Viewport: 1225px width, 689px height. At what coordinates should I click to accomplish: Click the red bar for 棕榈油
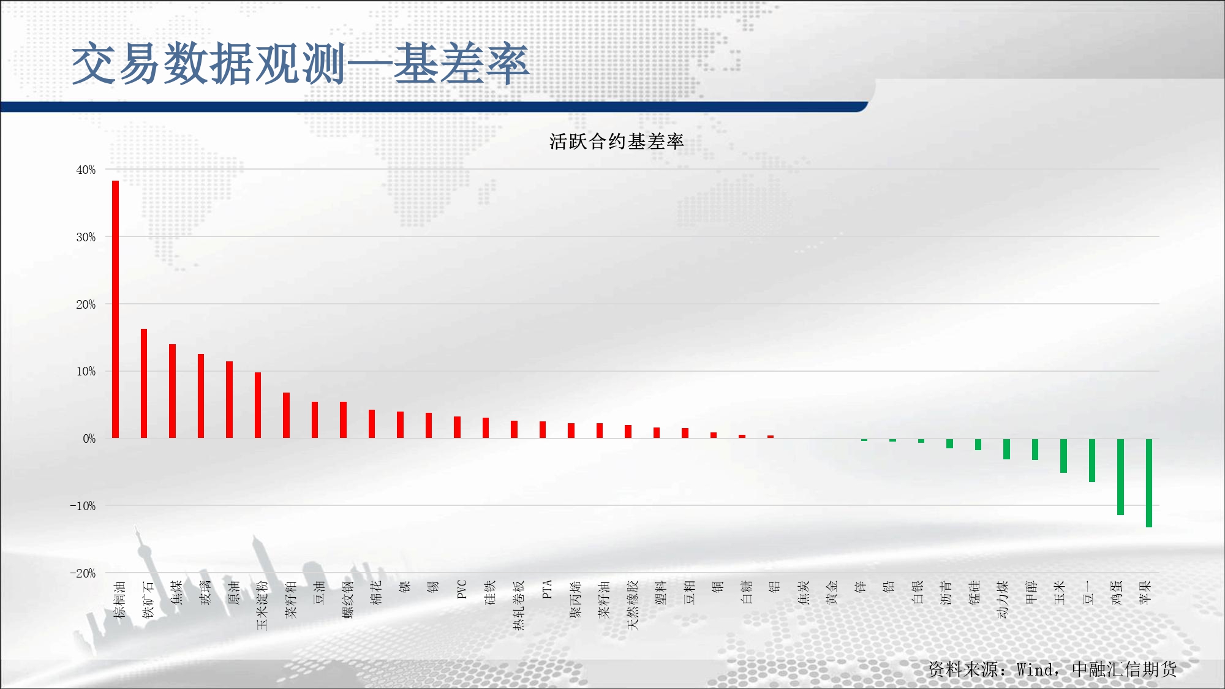(x=115, y=309)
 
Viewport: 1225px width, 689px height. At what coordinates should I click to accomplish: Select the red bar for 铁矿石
(x=144, y=383)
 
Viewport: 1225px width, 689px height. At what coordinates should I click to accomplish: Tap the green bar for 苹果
(x=1149, y=483)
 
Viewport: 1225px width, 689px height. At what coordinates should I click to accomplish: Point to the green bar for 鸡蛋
(x=1120, y=476)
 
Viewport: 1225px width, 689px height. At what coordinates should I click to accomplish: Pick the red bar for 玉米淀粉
(x=258, y=405)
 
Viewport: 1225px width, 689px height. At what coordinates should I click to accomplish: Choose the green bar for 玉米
(x=1063, y=456)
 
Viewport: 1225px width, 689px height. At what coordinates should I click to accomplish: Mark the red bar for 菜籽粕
(x=286, y=415)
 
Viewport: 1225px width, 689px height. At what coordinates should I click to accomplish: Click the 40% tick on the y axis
(x=86, y=170)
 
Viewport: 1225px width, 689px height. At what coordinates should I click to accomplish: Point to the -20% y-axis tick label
(x=83, y=573)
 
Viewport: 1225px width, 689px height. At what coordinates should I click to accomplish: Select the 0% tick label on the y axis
(x=89, y=439)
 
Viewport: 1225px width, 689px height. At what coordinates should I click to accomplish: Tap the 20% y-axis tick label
(x=86, y=304)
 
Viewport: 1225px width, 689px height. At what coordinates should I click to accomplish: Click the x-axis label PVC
(x=462, y=589)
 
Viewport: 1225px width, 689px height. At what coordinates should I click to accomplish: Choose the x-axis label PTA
(x=548, y=589)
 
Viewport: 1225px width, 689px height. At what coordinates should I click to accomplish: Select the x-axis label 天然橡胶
(x=633, y=605)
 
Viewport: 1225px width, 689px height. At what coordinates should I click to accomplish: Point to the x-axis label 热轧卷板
(x=519, y=605)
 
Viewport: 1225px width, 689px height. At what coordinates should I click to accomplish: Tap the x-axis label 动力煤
(x=1003, y=599)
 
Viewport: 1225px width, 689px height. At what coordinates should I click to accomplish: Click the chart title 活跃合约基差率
(x=616, y=141)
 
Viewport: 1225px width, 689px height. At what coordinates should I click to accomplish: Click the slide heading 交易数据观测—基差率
(x=300, y=64)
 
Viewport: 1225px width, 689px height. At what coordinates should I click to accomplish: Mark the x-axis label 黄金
(x=831, y=592)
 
